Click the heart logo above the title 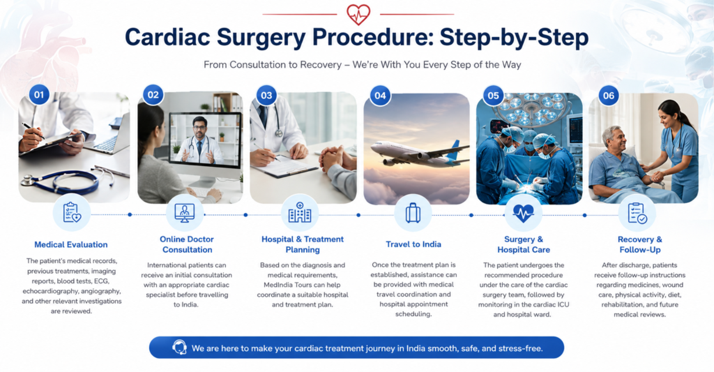(358, 14)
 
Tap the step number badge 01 (39, 95)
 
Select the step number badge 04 (380, 96)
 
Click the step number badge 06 (609, 96)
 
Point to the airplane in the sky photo (420, 153)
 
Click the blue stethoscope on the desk (63, 181)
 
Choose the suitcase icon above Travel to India (413, 212)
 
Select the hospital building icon (300, 212)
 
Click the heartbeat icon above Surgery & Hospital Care (523, 212)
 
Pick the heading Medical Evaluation (71, 245)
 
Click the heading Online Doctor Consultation (187, 244)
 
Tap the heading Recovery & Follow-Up (640, 244)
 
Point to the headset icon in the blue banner (179, 348)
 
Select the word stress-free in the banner (519, 348)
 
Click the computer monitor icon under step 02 (184, 212)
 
